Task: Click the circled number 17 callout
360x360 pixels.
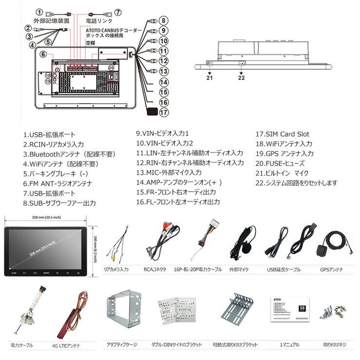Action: pyautogui.click(x=164, y=112)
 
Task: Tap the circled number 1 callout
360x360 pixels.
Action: pyautogui.click(x=39, y=12)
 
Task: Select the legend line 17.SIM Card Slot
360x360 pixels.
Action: pyautogui.click(x=282, y=134)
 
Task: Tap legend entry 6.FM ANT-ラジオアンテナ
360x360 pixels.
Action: pyautogui.click(x=57, y=183)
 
